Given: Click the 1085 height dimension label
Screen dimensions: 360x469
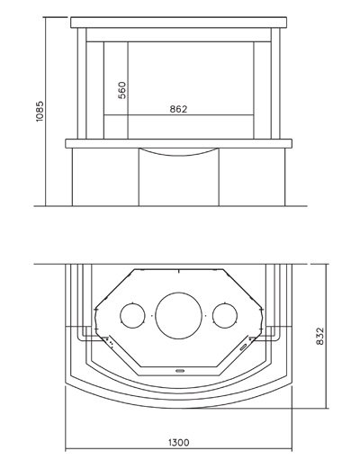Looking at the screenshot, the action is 40,111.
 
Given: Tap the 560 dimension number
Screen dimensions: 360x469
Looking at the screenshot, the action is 122,90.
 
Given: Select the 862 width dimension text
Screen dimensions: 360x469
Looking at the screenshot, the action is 178,109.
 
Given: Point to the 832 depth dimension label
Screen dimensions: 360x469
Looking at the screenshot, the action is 320,336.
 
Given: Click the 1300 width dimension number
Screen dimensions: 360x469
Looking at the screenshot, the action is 179,443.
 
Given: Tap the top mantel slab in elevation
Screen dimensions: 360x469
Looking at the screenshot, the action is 179,23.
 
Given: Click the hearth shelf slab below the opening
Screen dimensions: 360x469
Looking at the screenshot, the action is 179,143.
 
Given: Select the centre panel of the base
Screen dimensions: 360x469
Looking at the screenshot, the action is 179,181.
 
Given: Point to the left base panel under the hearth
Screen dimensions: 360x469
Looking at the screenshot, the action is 105,177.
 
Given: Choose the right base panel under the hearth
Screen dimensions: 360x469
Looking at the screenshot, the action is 252,177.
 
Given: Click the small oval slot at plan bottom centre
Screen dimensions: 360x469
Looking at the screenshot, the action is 180,371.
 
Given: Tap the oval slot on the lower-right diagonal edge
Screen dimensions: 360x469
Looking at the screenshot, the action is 244,347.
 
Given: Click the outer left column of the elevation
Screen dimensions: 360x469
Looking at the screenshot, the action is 82,84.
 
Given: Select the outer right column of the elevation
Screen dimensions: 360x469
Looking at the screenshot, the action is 275,84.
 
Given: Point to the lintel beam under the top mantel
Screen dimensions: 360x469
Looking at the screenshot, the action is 179,35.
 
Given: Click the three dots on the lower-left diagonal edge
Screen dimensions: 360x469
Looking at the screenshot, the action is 110,343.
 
